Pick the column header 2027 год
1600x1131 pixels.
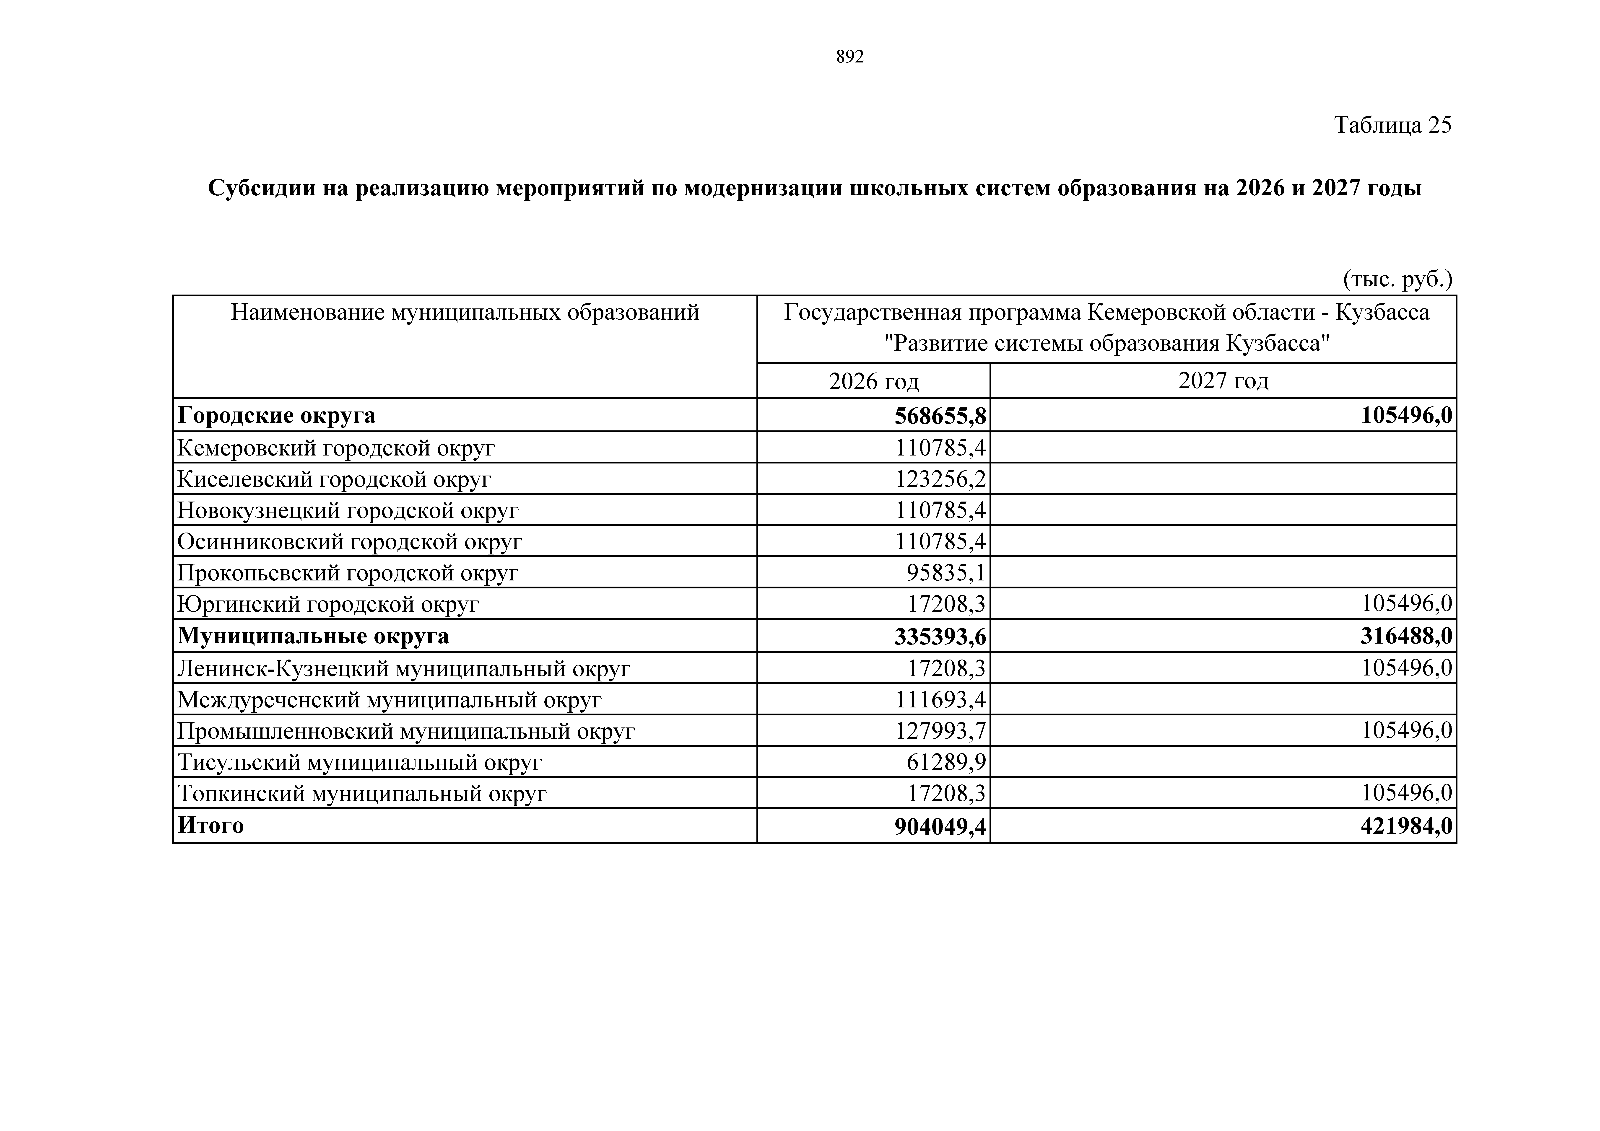click(x=1223, y=380)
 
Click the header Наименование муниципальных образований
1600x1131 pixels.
click(x=465, y=312)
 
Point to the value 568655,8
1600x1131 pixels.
click(x=940, y=416)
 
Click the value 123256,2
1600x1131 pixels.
click(x=940, y=479)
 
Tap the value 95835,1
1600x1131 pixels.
click(x=946, y=573)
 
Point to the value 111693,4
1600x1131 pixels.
click(x=940, y=700)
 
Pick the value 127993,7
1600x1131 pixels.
click(x=940, y=731)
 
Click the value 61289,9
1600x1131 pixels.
click(x=946, y=762)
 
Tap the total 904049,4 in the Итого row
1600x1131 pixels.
click(x=940, y=826)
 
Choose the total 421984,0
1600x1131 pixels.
click(x=1405, y=826)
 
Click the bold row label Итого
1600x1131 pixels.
click(x=210, y=826)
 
